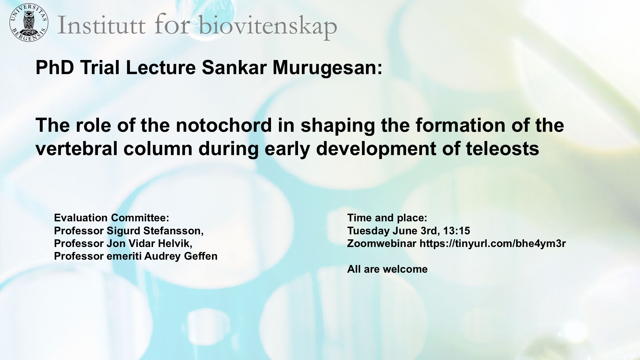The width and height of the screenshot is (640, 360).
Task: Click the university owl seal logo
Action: coord(29,23)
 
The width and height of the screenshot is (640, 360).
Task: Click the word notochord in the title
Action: coord(224,125)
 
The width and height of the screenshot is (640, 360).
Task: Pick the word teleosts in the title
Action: coord(502,149)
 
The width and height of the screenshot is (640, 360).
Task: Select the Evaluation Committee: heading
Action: coord(112,218)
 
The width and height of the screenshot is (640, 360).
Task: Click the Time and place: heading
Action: coord(387,218)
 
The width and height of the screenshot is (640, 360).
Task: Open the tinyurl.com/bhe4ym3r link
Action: coord(493,244)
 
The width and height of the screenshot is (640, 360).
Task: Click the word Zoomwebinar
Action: coord(382,244)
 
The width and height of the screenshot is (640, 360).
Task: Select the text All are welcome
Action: coord(387,269)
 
